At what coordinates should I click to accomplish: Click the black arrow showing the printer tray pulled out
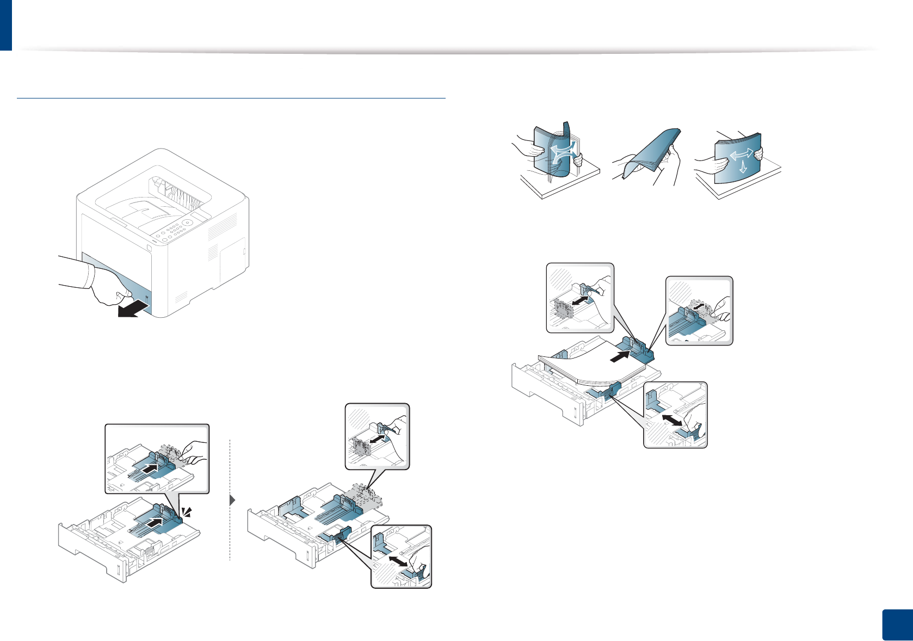[132, 310]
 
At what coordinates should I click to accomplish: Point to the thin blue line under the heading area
[231, 98]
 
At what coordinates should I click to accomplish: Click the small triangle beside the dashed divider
[233, 500]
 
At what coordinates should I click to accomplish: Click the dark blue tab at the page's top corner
[5, 24]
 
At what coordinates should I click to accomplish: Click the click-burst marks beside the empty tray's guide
[187, 511]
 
